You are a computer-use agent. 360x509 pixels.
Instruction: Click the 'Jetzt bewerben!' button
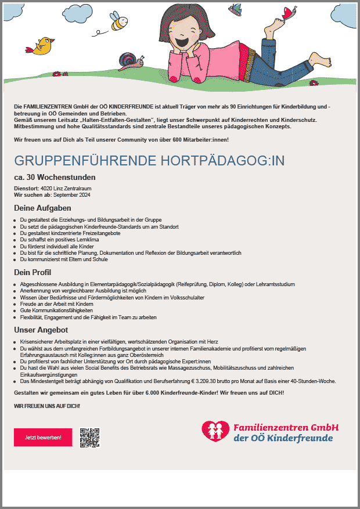[43, 437]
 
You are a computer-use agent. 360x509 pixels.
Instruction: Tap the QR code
[90, 438]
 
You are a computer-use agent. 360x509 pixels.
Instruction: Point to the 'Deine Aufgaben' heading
[42, 208]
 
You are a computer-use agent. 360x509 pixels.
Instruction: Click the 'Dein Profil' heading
[33, 272]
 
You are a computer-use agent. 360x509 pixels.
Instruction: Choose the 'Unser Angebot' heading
[41, 330]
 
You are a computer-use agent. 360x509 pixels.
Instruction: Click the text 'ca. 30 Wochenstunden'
[55, 177]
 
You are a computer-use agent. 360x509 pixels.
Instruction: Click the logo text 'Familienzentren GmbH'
[286, 427]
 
